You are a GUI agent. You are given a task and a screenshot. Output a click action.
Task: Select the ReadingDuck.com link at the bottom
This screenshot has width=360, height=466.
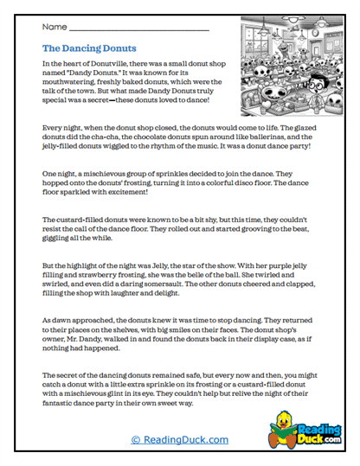click(x=179, y=440)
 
